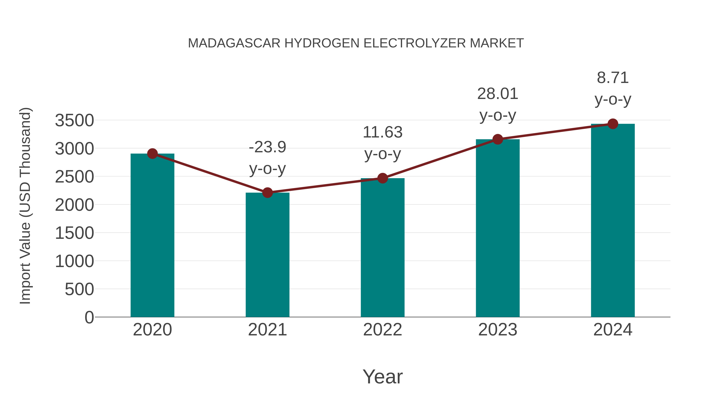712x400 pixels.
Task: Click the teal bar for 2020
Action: (152, 237)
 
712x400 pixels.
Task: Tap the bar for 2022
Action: (383, 248)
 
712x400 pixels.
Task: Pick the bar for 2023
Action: (498, 229)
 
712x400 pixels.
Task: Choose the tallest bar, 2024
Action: (613, 221)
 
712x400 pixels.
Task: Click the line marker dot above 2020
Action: (152, 153)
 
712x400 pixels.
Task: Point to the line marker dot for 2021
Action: (268, 192)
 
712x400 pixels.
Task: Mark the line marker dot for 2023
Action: (498, 139)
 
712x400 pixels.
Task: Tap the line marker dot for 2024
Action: (613, 124)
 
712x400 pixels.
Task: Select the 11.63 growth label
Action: (383, 132)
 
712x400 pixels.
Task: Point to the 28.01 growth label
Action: (498, 94)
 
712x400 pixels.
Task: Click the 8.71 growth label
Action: (613, 78)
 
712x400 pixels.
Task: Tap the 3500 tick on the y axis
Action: (74, 121)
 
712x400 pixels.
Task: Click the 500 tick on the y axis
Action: (79, 290)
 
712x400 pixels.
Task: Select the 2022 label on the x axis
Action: (383, 330)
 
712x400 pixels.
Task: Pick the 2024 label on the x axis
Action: (613, 330)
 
